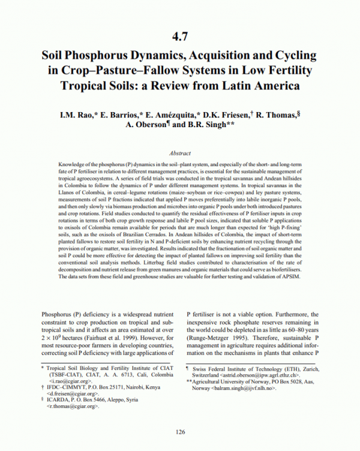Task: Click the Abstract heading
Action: pos(180,154)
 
